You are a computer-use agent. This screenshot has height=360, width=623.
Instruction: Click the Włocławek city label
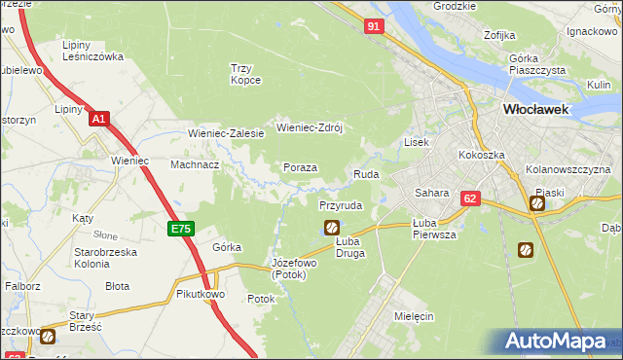point(535,111)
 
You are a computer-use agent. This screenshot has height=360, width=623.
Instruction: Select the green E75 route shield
point(181,229)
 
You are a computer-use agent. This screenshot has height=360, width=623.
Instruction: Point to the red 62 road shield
point(471,198)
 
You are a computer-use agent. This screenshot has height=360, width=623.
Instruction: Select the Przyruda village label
point(341,206)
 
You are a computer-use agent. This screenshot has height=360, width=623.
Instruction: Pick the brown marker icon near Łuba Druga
point(331,228)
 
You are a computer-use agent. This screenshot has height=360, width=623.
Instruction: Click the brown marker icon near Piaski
point(536,203)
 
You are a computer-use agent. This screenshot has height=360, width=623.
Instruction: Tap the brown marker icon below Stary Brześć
point(48,337)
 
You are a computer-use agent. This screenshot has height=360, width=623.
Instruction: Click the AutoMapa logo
point(561,342)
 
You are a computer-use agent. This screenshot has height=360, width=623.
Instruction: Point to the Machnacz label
point(195,164)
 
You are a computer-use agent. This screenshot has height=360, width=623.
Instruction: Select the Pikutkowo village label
point(201,293)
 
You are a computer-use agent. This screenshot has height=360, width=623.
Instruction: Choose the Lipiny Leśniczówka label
point(92,51)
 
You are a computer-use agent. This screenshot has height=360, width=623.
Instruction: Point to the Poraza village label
point(301,167)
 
